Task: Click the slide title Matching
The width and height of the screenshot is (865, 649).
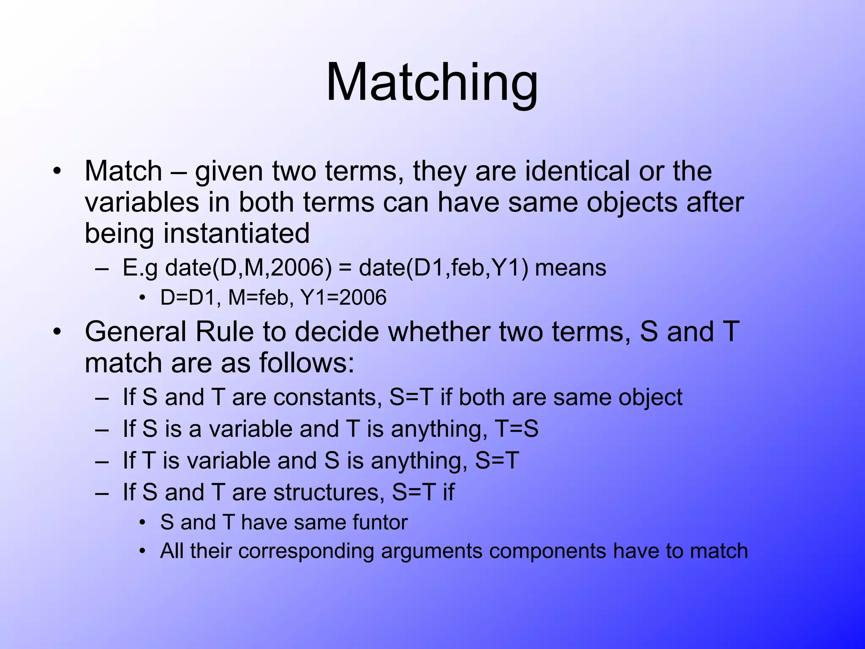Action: pyautogui.click(x=432, y=82)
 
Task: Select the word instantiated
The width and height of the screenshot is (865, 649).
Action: pyautogui.click(x=237, y=233)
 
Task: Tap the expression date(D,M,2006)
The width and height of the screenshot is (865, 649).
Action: pyautogui.click(x=248, y=268)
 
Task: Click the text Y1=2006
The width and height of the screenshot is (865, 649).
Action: pyautogui.click(x=343, y=297)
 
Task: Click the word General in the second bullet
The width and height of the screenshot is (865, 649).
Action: pyautogui.click(x=135, y=332)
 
